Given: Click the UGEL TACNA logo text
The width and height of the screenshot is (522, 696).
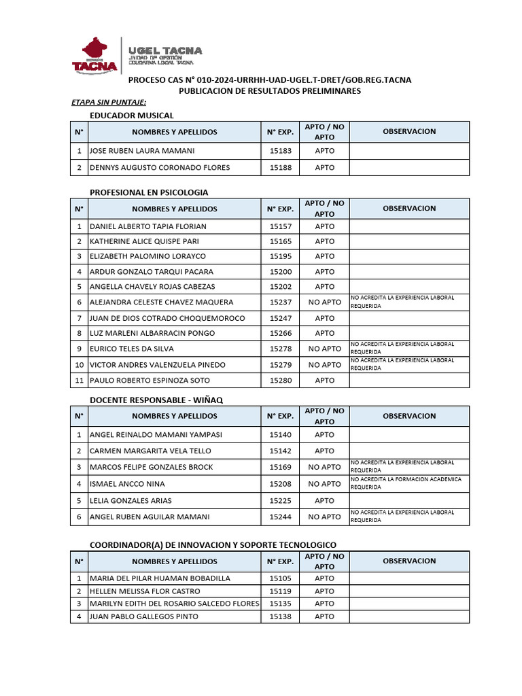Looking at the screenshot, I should [161, 52].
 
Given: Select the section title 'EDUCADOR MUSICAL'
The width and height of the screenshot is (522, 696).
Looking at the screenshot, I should [132, 116].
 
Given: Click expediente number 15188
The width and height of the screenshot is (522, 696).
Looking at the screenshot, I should [280, 168].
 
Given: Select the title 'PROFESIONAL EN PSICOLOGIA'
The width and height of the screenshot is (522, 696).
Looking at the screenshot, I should [149, 192].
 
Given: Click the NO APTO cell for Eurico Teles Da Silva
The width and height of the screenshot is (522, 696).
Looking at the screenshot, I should [324, 349].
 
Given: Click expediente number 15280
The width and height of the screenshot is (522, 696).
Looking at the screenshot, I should [280, 381].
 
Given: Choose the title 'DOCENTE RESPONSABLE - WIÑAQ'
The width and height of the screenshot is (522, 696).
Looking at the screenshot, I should [156, 400].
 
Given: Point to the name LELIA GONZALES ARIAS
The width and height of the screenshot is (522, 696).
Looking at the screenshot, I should [132, 501].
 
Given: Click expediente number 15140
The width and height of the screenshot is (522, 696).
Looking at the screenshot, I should [280, 435].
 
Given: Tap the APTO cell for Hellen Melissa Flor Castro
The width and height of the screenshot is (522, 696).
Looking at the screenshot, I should [324, 591].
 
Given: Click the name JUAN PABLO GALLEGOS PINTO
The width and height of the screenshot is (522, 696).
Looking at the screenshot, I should [144, 616].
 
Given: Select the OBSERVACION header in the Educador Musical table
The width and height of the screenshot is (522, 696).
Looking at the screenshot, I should [409, 131].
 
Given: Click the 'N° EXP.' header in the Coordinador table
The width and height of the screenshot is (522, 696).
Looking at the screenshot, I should [280, 561].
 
